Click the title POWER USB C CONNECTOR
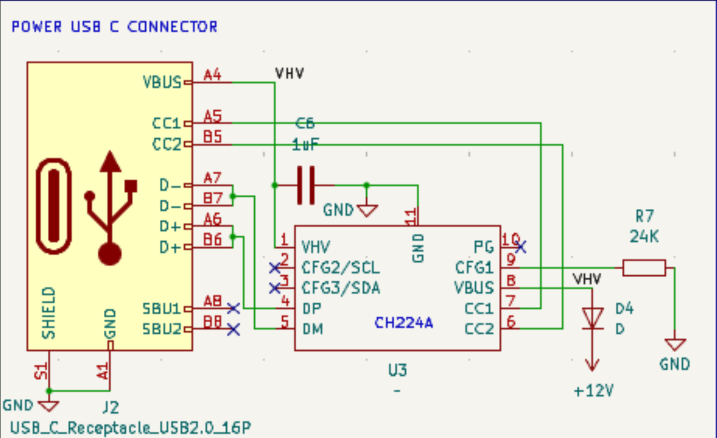tap(114, 27)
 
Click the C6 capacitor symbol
tap(306, 186)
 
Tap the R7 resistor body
tap(644, 268)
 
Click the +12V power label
tap(594, 391)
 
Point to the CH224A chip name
tap(404, 323)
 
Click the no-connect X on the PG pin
tap(520, 247)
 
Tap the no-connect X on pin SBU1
tap(233, 309)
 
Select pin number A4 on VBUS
tap(212, 75)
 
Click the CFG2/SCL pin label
tap(341, 268)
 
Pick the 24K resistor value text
tap(644, 237)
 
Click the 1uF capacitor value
tap(305, 145)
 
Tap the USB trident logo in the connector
tap(110, 208)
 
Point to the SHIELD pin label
tap(49, 313)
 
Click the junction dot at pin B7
tap(233, 196)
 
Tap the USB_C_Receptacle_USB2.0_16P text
tap(131, 428)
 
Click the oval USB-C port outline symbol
tap(54, 206)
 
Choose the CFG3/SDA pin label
tap(341, 288)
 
